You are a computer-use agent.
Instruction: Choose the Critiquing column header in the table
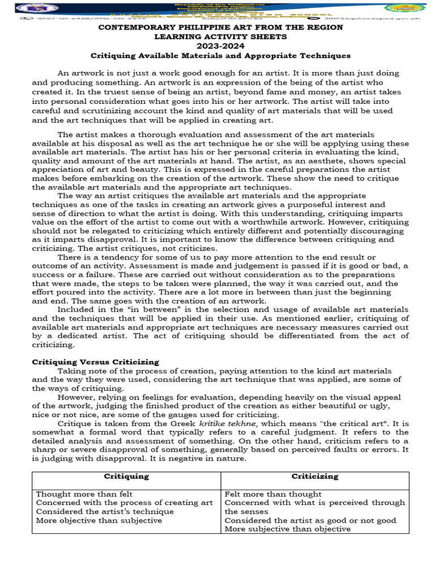click(x=127, y=476)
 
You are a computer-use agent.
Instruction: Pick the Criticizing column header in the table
click(x=315, y=476)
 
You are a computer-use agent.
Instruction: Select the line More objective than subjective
click(x=99, y=520)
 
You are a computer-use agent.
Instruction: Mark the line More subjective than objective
click(x=288, y=529)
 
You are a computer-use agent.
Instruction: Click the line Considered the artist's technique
click(x=105, y=511)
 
